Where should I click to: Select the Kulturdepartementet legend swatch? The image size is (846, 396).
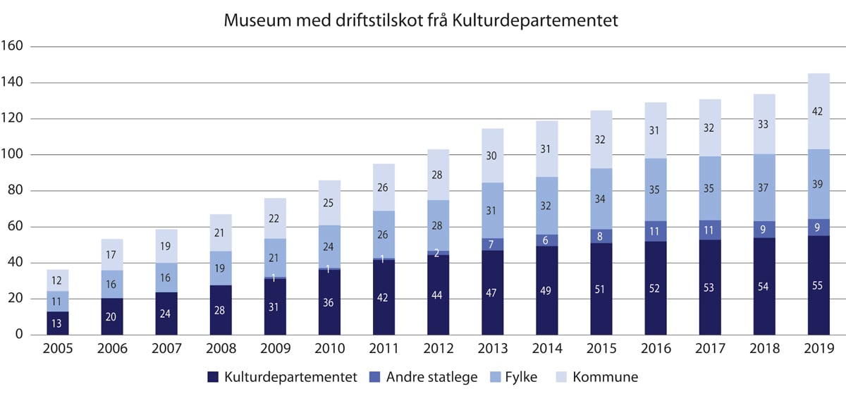[x=213, y=378]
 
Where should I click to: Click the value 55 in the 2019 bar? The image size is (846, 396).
[x=818, y=286]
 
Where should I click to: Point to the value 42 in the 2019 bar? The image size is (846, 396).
[x=818, y=111]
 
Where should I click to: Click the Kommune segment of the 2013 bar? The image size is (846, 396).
[x=493, y=156]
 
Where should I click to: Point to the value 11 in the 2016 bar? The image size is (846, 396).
[x=656, y=231]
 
